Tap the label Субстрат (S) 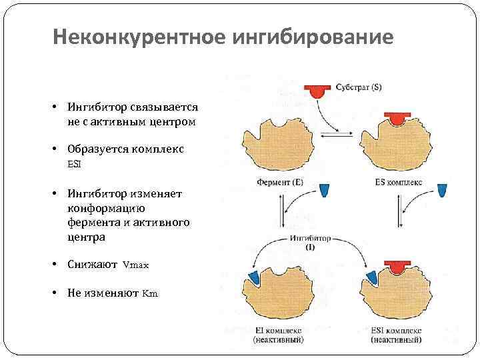(359, 87)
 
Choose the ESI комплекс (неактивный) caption (395, 335)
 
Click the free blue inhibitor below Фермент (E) (325, 191)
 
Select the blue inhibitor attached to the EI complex (254, 279)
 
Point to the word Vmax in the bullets (135, 265)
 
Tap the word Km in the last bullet (150, 293)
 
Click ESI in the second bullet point (74, 163)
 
